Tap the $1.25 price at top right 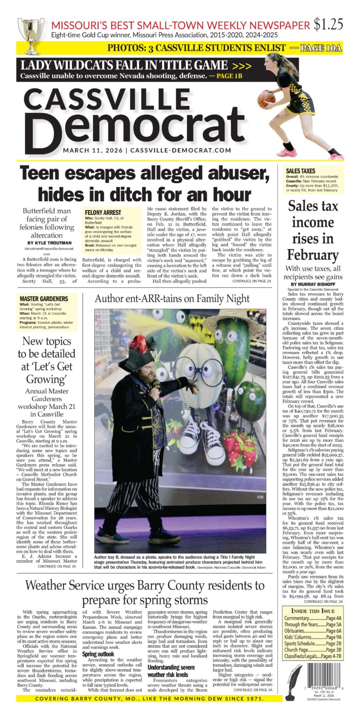pos(329,24)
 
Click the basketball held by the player pos(266,99)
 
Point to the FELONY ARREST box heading pos(103,212)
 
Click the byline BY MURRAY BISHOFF pos(313,284)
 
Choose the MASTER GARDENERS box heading pos(44,298)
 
